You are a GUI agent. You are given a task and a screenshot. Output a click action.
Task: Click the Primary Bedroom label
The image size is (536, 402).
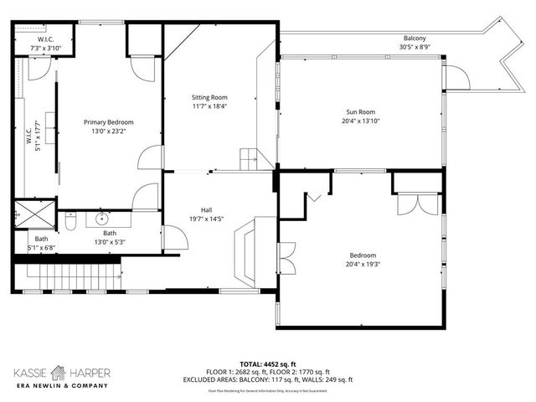coord(108,122)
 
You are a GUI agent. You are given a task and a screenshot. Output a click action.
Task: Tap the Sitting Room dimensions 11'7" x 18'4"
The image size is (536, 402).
coord(209,106)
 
